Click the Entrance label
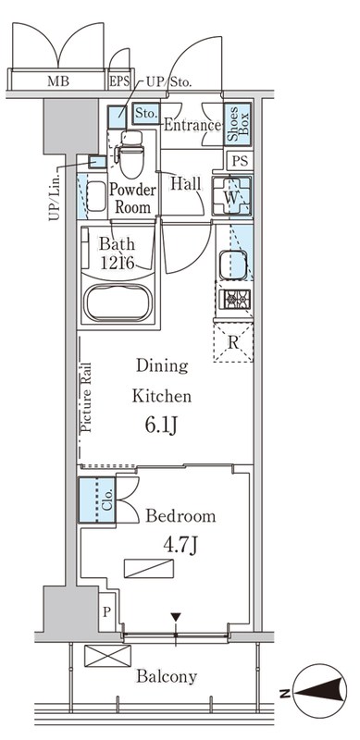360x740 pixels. [192, 125]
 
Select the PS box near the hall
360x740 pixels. [240, 160]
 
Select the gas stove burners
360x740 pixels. [232, 300]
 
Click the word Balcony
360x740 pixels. [167, 676]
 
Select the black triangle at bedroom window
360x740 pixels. [174, 617]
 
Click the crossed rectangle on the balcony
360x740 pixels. [102, 656]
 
